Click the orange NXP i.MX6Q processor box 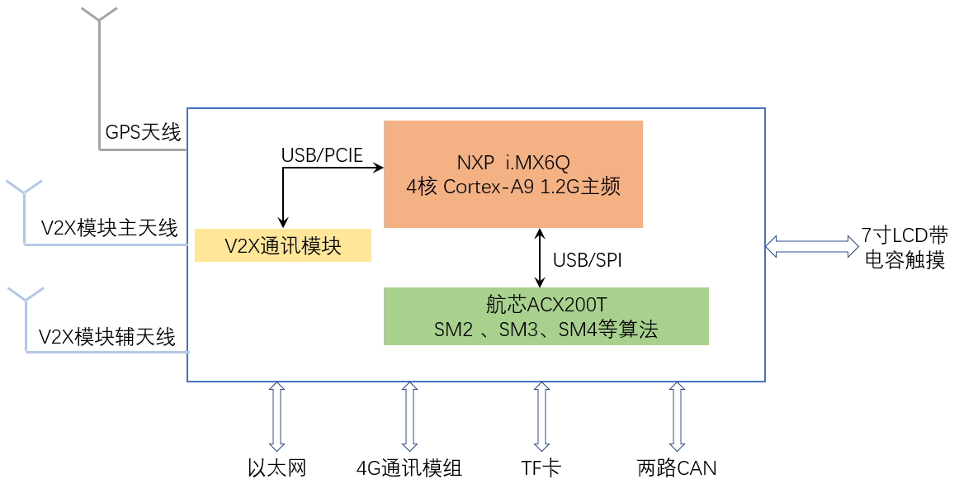513,173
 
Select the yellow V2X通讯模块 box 283,246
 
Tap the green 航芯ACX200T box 546,316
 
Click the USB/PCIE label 322,155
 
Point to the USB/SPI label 587,260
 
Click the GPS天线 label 143,131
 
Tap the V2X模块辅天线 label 108,337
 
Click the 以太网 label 277,468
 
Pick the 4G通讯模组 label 409,468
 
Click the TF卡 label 541,468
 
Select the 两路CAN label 677,468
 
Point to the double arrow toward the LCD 812,245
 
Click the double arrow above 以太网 276,415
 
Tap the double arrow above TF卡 541,415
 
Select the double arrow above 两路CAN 677,415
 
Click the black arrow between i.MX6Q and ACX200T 540,258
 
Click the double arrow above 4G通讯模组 409,415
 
